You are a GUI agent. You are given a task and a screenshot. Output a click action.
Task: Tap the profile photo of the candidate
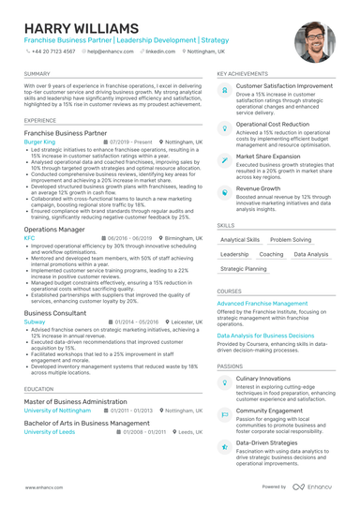click(314, 41)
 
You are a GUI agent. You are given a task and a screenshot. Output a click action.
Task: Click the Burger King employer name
click(39, 142)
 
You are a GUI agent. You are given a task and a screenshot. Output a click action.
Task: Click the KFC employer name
click(29, 238)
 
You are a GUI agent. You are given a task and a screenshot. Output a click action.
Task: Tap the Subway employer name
click(34, 321)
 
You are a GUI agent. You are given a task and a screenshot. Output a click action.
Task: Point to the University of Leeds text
click(49, 432)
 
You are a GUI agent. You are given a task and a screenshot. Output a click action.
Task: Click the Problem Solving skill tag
click(292, 240)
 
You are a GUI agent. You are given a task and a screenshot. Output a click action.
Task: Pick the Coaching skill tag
click(271, 254)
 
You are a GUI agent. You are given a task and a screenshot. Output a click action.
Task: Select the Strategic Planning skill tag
click(243, 269)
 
